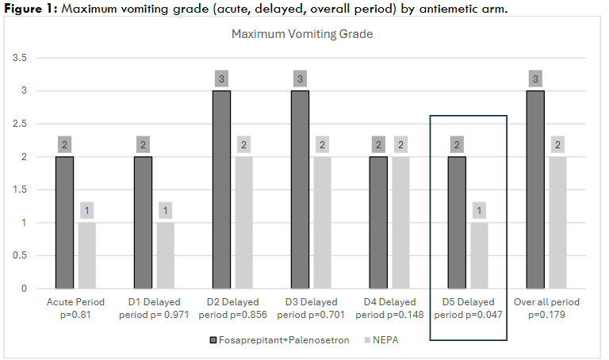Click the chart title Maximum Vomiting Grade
(x=301, y=35)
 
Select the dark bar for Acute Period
(x=66, y=222)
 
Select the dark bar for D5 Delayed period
(x=458, y=222)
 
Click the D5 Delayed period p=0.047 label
(x=468, y=308)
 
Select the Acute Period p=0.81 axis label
(x=76, y=308)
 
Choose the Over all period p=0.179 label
(x=546, y=308)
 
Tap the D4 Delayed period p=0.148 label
(x=389, y=308)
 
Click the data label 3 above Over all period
(x=537, y=79)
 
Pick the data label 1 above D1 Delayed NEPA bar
(x=165, y=211)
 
